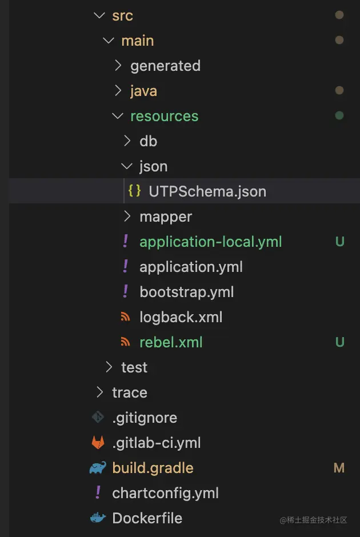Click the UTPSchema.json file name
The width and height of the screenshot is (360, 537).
click(207, 191)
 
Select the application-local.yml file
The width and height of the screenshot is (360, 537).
click(210, 242)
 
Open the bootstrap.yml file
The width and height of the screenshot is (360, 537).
click(187, 292)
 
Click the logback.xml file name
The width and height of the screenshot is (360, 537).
click(181, 317)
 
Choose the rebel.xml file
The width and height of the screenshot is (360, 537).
click(171, 342)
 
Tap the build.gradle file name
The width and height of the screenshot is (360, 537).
click(153, 468)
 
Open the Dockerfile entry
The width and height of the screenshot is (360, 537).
click(147, 518)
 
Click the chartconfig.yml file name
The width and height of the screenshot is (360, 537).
click(165, 493)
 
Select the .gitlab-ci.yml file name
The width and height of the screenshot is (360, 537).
click(156, 443)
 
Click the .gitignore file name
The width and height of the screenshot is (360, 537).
click(145, 418)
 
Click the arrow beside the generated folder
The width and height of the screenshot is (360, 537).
click(118, 66)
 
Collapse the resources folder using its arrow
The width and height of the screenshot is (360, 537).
click(118, 116)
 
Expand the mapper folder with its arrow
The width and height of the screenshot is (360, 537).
click(127, 217)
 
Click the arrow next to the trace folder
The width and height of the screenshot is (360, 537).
click(100, 392)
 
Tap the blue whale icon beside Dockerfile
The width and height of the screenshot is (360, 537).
click(98, 518)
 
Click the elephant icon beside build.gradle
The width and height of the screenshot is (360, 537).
click(98, 468)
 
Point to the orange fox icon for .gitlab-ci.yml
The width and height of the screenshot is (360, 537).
click(98, 443)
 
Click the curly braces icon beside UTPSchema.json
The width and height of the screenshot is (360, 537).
click(135, 191)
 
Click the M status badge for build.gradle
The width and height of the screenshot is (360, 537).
click(339, 468)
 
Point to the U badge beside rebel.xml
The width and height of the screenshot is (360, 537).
click(339, 342)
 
